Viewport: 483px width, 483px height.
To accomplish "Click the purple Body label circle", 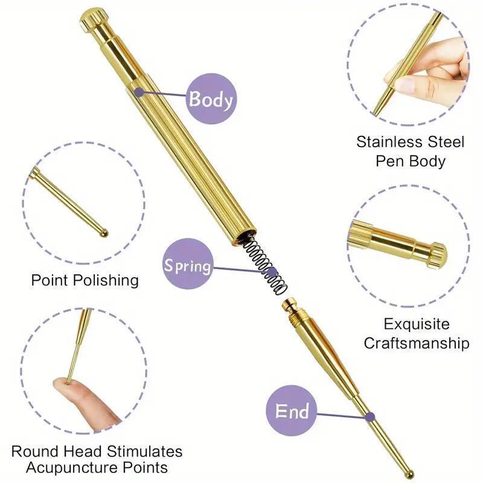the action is click(211, 99).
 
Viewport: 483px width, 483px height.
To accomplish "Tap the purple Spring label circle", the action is click(188, 264).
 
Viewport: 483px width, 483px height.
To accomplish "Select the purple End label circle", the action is click(292, 411).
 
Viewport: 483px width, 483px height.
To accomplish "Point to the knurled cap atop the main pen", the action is click(94, 19).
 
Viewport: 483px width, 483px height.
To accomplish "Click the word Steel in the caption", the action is click(445, 142).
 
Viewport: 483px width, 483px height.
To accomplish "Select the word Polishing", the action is click(106, 281).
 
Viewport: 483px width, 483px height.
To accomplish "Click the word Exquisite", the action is click(417, 324).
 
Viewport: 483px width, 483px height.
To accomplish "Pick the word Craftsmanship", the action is click(417, 343).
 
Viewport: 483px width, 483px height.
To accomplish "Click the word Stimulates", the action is click(144, 451).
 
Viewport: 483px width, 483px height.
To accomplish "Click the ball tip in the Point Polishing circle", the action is click(104, 232).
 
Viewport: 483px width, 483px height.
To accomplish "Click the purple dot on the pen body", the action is click(139, 92).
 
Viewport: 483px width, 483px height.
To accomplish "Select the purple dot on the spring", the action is click(272, 272).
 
